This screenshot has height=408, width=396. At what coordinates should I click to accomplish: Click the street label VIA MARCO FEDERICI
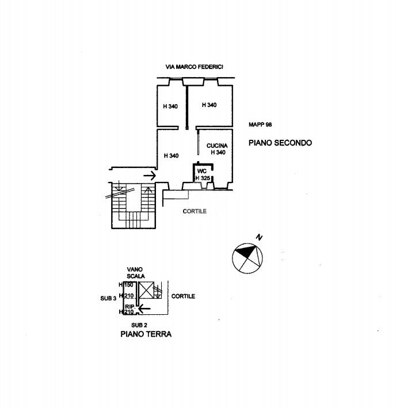[x=195, y=67]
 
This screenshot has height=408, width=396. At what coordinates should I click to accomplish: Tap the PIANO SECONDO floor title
[x=280, y=143]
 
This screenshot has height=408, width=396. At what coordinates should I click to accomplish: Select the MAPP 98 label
[x=260, y=125]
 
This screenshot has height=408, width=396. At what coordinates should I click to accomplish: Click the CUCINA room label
[x=217, y=146]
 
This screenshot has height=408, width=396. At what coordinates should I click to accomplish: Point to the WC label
[x=202, y=171]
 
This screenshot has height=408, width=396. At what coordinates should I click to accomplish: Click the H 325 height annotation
[x=203, y=178]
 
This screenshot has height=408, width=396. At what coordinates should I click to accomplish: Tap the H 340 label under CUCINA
[x=218, y=152]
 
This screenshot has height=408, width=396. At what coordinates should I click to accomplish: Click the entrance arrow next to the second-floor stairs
[x=150, y=176]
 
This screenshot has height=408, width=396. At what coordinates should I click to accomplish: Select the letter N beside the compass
[x=259, y=237]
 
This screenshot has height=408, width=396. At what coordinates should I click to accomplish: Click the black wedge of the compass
[x=245, y=250]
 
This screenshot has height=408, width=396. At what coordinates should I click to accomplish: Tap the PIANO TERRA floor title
[x=146, y=334]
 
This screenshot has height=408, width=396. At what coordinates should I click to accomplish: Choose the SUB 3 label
[x=108, y=299]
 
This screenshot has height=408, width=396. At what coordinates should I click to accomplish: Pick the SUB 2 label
[x=139, y=325]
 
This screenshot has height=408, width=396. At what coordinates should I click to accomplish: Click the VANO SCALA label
[x=136, y=273]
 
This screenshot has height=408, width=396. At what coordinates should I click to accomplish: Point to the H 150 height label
[x=126, y=285]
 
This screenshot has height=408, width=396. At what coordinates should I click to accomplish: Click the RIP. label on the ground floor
[x=130, y=307]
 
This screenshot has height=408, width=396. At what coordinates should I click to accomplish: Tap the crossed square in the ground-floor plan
[x=146, y=290]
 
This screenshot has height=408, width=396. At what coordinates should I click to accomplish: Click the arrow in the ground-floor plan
[x=144, y=309]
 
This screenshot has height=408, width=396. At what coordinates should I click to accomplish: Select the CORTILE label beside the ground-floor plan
[x=183, y=296]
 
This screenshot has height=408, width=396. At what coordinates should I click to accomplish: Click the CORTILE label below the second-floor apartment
[x=195, y=211]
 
